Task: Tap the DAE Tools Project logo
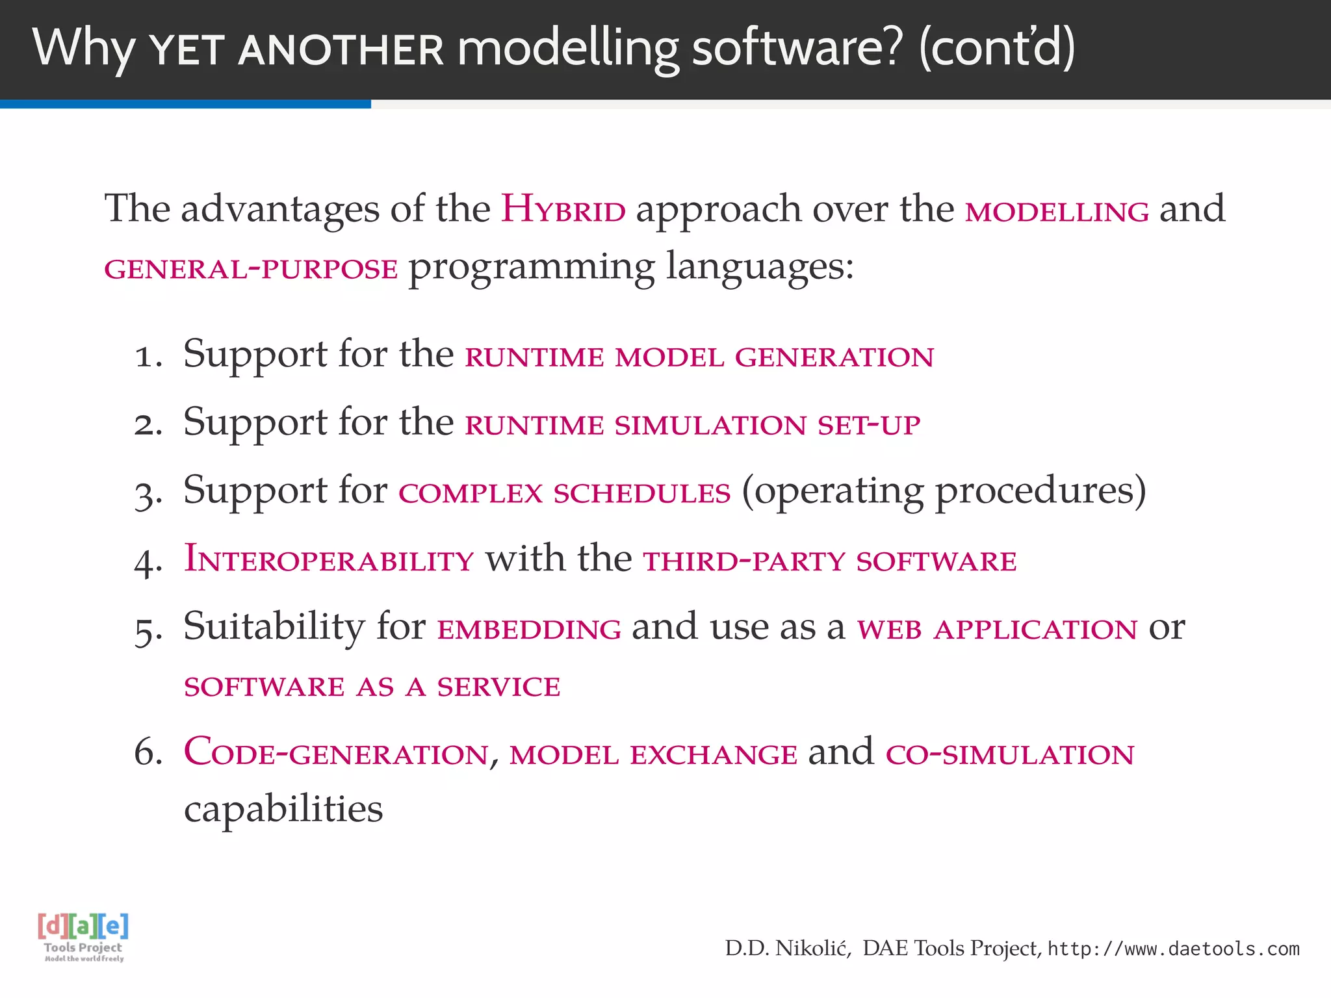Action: (83, 936)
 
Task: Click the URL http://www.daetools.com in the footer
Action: (1173, 949)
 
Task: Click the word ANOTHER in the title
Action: (341, 51)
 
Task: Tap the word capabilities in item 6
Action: (283, 810)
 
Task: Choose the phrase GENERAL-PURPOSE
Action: (251, 269)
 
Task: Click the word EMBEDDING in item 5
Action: (529, 629)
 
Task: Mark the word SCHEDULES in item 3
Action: (642, 493)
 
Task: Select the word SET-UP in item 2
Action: (869, 425)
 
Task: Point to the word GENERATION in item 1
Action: (834, 357)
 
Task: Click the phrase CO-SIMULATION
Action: (1009, 754)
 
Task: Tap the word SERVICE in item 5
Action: (498, 687)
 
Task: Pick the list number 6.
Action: (148, 753)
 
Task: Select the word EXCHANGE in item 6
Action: (714, 755)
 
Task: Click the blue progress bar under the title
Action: (185, 104)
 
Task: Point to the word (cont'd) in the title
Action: (997, 48)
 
